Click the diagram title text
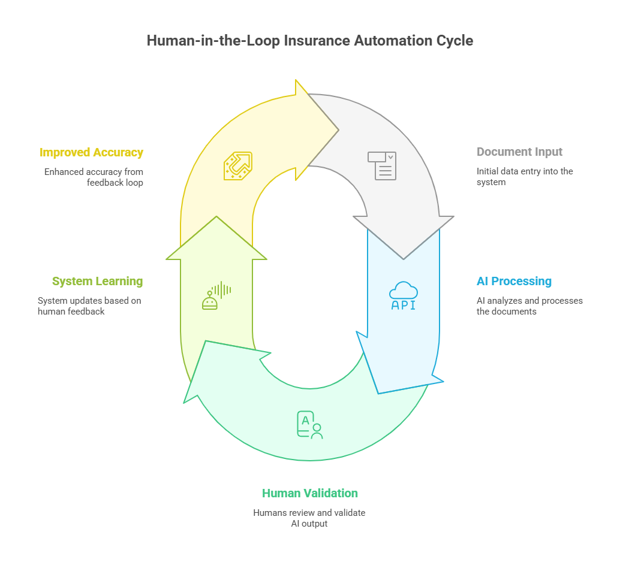pos(310,41)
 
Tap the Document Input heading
pos(519,152)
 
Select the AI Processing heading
pos(514,281)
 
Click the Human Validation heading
pos(309,493)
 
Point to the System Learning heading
pos(97,281)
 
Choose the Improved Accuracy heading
pos(91,152)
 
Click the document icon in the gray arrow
pos(382,165)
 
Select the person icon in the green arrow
pos(309,425)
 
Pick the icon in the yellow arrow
pos(238,165)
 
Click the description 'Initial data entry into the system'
pos(525,177)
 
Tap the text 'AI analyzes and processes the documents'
pos(529,306)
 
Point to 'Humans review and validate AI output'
pos(309,518)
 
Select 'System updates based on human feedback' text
pos(89,306)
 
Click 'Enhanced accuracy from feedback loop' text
pos(94,177)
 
